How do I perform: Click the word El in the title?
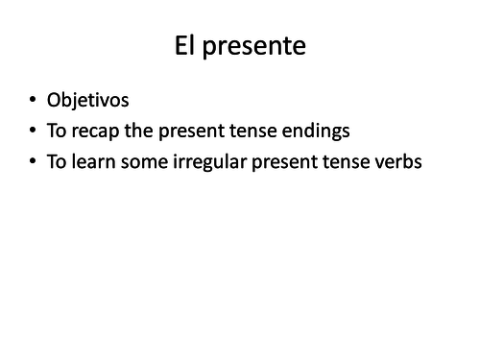click(x=186, y=46)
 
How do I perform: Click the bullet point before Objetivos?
click(x=35, y=99)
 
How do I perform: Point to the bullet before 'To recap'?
click(x=35, y=131)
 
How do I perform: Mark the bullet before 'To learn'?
click(x=35, y=162)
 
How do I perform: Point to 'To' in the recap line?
click(x=60, y=131)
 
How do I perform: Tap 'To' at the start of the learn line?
click(x=60, y=162)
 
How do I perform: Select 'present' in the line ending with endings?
click(x=195, y=132)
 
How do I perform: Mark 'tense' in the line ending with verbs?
click(x=349, y=162)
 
